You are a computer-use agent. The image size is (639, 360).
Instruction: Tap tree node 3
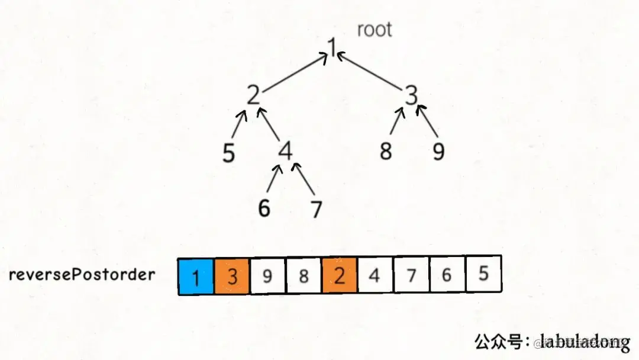point(412,95)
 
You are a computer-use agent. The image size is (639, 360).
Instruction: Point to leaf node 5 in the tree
point(229,153)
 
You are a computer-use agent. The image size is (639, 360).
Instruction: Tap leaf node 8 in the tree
point(386,152)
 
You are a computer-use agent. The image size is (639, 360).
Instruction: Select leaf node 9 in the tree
point(438,152)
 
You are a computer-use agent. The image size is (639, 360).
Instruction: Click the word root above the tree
point(375,30)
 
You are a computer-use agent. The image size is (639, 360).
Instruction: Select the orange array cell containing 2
point(340,276)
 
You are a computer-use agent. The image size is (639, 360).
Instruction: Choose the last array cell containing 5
point(483,275)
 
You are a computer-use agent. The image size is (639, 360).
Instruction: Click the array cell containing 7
point(411,275)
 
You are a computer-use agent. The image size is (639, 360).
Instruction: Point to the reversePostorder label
point(82,275)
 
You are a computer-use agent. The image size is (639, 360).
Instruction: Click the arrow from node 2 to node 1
point(293,73)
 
